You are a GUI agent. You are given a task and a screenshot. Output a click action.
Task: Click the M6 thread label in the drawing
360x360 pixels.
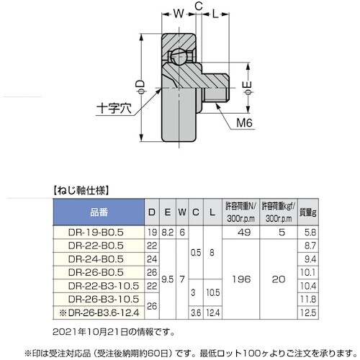click(246, 123)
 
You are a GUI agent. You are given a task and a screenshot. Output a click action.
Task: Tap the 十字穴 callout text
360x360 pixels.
click(114, 110)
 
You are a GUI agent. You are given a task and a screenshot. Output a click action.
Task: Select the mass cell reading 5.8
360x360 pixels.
click(308, 233)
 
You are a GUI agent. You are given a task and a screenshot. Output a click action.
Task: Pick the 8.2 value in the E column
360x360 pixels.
click(168, 233)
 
